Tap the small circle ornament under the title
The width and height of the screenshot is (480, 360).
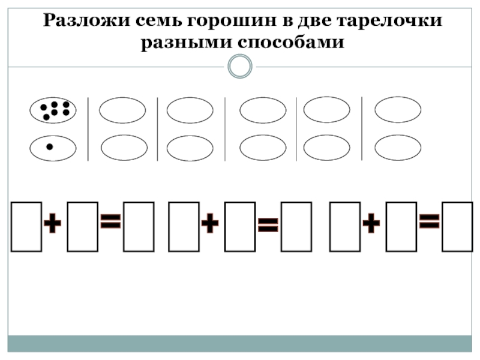[x=240, y=66]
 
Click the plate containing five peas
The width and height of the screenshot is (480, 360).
[x=53, y=110]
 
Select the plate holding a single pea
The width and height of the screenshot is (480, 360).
[x=53, y=148]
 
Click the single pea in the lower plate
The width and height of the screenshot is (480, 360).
[x=50, y=146]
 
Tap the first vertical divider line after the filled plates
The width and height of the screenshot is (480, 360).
[x=88, y=129]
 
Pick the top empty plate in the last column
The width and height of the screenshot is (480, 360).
[x=398, y=110]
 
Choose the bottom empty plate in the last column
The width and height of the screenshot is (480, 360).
[x=398, y=148]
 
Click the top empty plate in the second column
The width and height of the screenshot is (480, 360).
[x=122, y=110]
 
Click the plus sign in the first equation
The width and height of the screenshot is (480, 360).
[x=53, y=226]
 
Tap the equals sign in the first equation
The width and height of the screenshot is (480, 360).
[x=110, y=224]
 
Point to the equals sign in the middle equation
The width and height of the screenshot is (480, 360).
[x=268, y=226]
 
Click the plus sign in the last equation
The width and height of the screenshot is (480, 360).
[x=371, y=226]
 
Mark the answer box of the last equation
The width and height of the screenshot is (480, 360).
[x=457, y=226]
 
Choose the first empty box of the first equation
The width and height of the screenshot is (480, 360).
[x=26, y=226]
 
